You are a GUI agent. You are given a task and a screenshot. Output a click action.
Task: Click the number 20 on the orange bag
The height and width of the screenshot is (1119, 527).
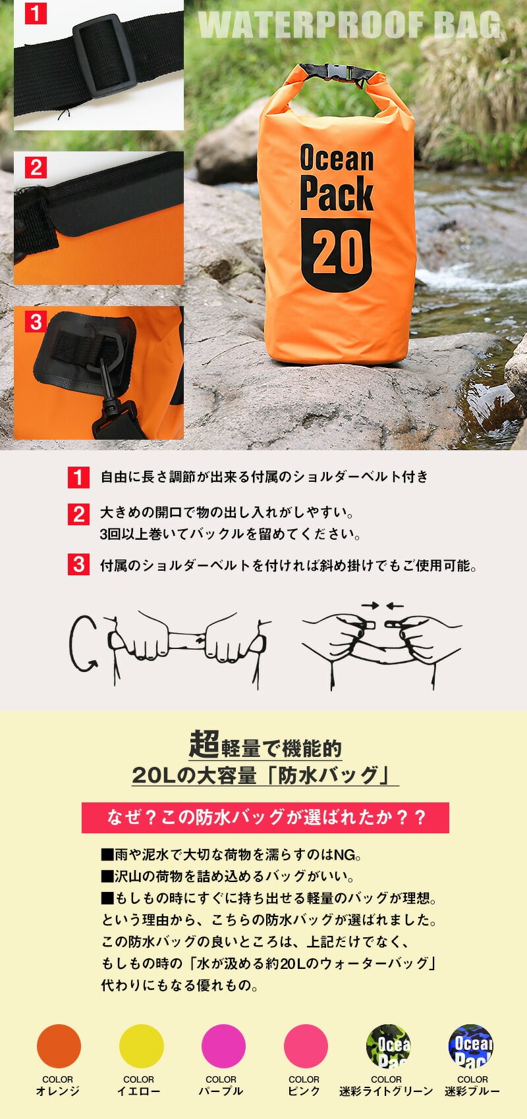(x=338, y=253)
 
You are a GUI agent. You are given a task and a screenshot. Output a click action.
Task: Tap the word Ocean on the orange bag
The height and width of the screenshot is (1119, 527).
(x=337, y=158)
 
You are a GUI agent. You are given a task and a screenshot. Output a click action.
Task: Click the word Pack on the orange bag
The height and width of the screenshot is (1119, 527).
(x=337, y=193)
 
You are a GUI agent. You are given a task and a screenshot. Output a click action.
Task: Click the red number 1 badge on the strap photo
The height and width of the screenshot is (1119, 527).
(x=36, y=13)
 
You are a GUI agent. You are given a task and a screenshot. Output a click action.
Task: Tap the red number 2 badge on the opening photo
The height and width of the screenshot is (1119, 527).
(x=36, y=167)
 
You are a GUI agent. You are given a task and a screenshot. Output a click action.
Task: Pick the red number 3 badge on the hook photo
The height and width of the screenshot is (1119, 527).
(x=36, y=322)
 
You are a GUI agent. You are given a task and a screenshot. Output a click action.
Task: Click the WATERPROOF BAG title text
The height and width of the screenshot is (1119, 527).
(x=350, y=25)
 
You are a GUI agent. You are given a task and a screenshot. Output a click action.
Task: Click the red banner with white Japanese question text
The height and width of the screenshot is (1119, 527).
(x=265, y=818)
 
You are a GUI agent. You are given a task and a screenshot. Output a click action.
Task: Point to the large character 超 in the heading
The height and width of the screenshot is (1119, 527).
(x=204, y=743)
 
